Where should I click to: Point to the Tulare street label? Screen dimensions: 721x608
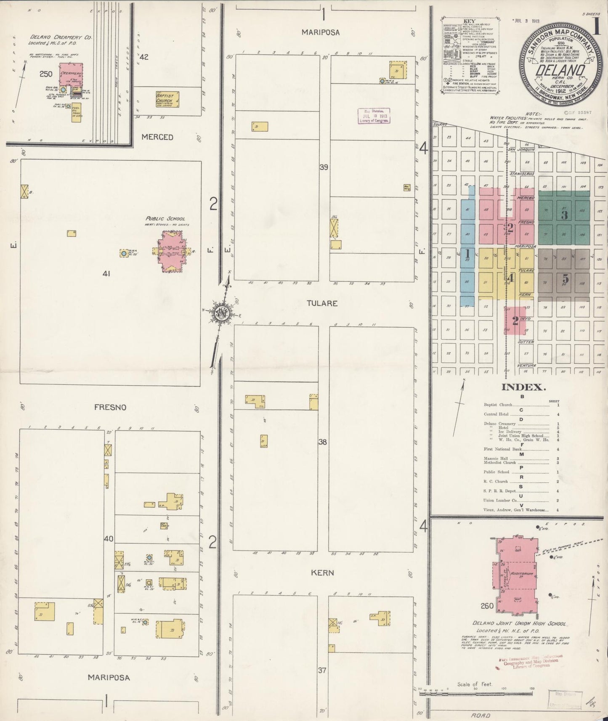tap(322, 303)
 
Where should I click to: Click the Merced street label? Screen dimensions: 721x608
tap(157, 137)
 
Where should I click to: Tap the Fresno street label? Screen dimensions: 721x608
tap(110, 407)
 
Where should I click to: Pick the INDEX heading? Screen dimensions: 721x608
tap(523, 387)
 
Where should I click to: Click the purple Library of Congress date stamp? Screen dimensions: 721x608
tap(374, 115)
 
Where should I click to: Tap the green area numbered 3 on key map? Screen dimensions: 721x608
tap(564, 215)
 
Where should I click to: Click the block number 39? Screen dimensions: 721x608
tap(324, 167)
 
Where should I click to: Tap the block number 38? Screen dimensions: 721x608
tap(323, 442)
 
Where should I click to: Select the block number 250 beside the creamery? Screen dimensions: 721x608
tap(46, 74)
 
